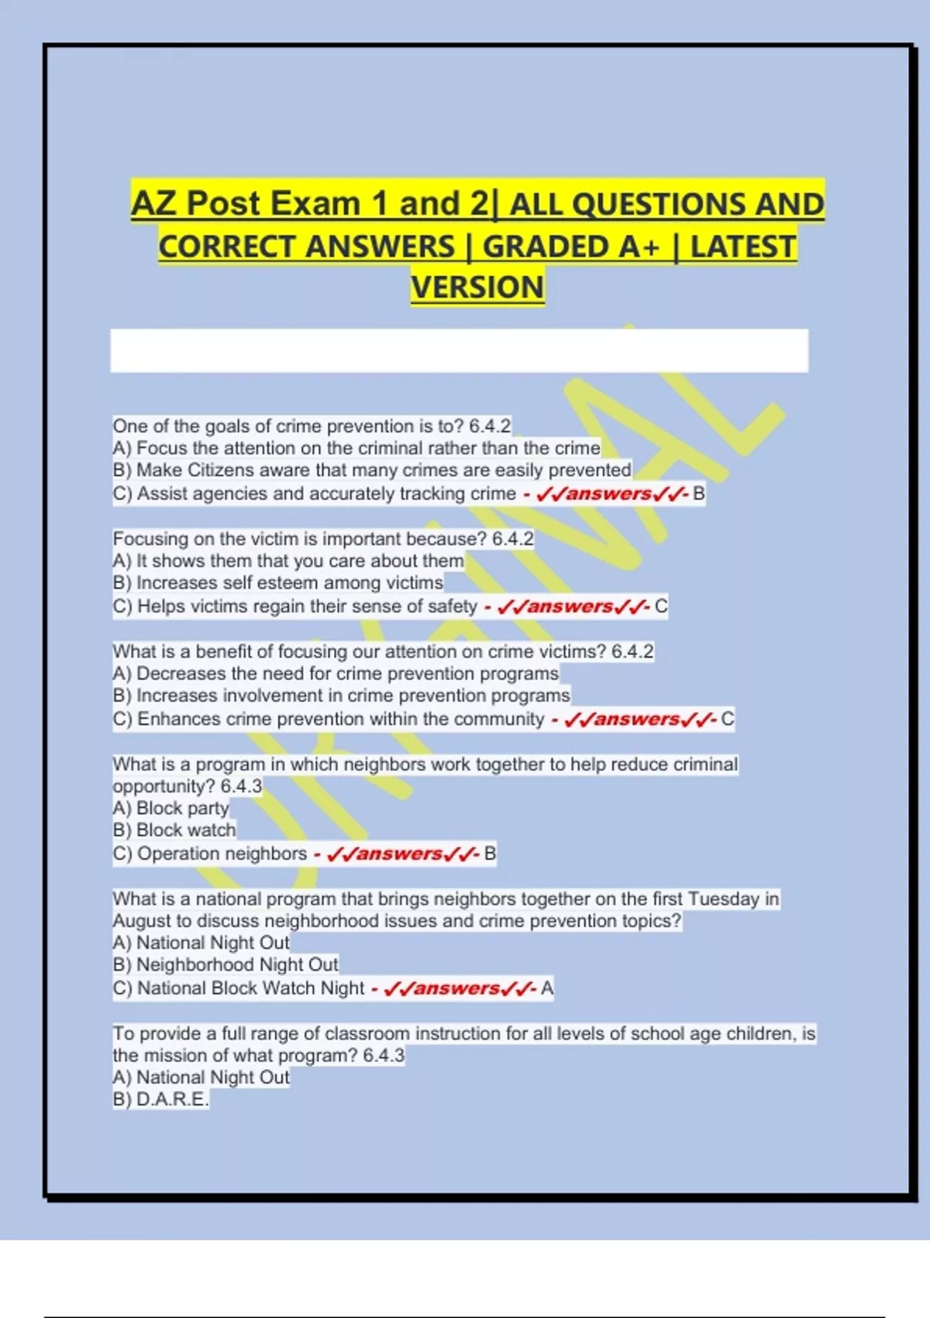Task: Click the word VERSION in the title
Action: (477, 288)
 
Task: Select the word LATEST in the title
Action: (742, 247)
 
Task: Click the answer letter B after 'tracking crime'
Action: (699, 494)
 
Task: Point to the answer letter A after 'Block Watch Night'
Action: (547, 988)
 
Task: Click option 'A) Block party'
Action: (171, 809)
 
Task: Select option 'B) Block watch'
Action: (174, 830)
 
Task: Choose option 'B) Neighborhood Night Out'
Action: (226, 965)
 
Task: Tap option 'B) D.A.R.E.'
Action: (161, 1099)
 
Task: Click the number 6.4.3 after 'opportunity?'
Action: (241, 786)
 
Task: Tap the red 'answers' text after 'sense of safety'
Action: (570, 606)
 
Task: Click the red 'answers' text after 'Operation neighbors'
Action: (399, 854)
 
